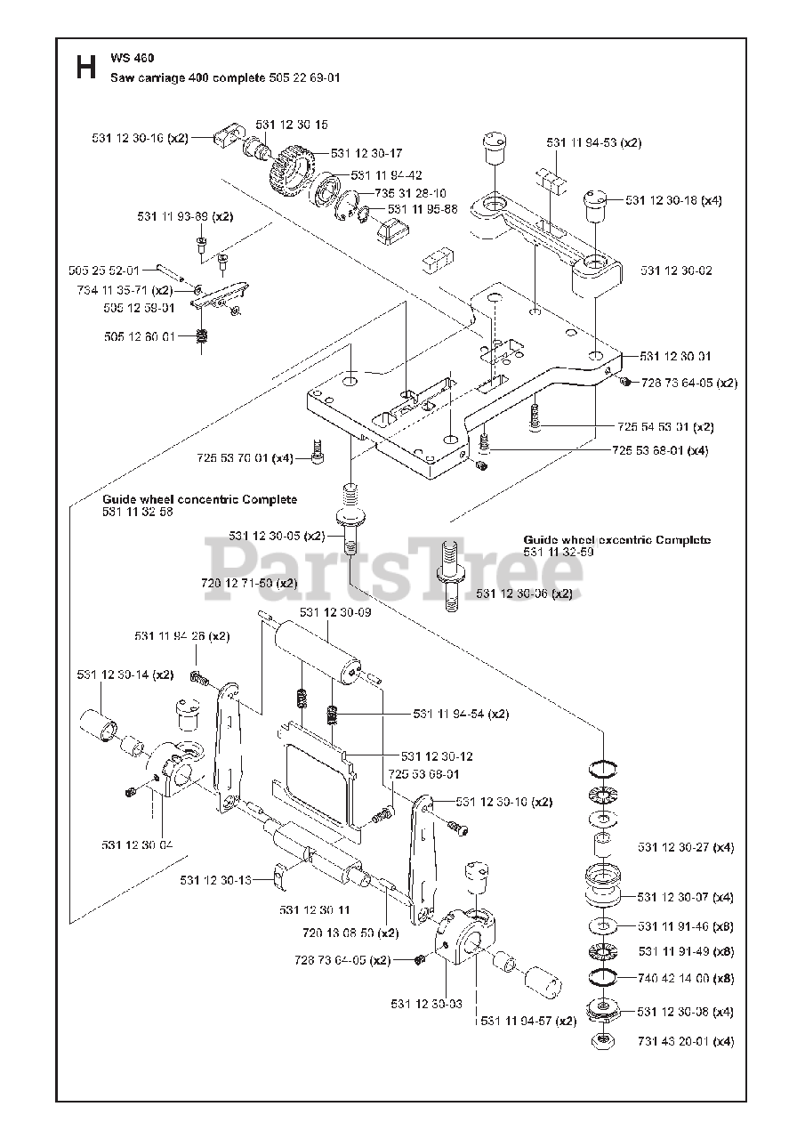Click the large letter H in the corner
coord(85,68)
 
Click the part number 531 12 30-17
coord(366,153)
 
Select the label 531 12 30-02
coord(676,271)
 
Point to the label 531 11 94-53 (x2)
coord(593,142)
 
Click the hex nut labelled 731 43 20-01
coord(603,1039)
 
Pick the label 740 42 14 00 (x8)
coord(686,977)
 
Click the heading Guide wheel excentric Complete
coord(617,540)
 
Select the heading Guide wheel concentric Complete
coord(199,499)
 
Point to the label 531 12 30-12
coord(437,755)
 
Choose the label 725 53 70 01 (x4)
coord(245,457)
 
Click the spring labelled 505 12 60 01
coord(202,336)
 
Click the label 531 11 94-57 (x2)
coord(527,1021)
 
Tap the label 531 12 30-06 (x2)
coord(524,594)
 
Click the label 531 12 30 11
coord(315,909)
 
